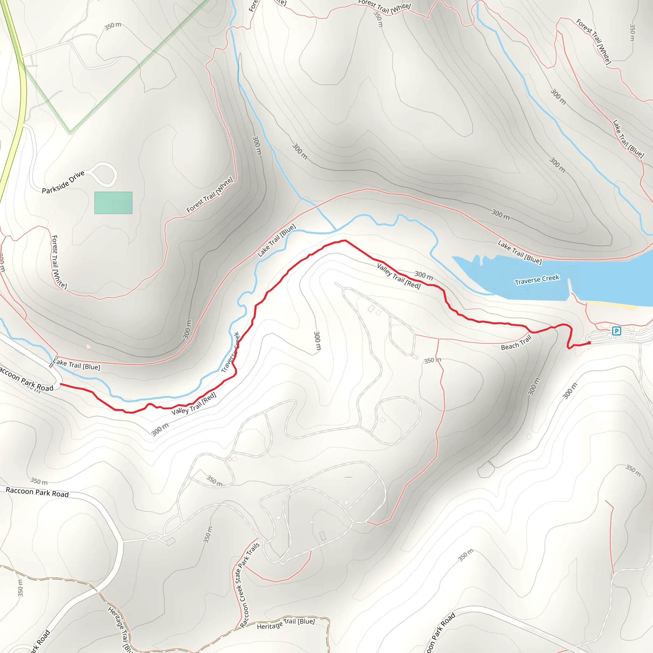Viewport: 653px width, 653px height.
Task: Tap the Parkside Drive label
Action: click(63, 182)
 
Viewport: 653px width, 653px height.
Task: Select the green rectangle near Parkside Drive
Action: click(113, 203)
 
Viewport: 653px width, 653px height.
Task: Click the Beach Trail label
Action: click(516, 343)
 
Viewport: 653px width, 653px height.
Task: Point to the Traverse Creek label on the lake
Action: click(537, 280)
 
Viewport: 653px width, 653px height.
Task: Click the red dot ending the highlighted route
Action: click(589, 343)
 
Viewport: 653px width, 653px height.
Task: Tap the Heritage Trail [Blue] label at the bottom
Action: click(286, 624)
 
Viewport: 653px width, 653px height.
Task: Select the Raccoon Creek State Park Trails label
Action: click(247, 585)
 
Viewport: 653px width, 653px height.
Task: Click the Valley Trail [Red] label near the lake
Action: click(399, 276)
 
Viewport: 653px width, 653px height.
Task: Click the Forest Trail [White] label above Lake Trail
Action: click(209, 195)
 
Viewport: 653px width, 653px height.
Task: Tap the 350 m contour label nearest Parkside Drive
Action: click(113, 26)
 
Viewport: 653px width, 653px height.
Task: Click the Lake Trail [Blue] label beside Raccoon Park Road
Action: click(77, 364)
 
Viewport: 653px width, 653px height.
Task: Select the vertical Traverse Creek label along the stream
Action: click(231, 352)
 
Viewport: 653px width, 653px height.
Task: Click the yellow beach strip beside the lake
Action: click(612, 305)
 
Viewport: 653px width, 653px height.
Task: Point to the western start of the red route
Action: click(61, 384)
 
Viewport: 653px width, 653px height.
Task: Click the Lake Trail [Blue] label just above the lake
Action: click(519, 252)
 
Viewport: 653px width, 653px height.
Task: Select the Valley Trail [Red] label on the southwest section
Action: click(194, 404)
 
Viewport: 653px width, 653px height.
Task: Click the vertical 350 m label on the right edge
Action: click(632, 32)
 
